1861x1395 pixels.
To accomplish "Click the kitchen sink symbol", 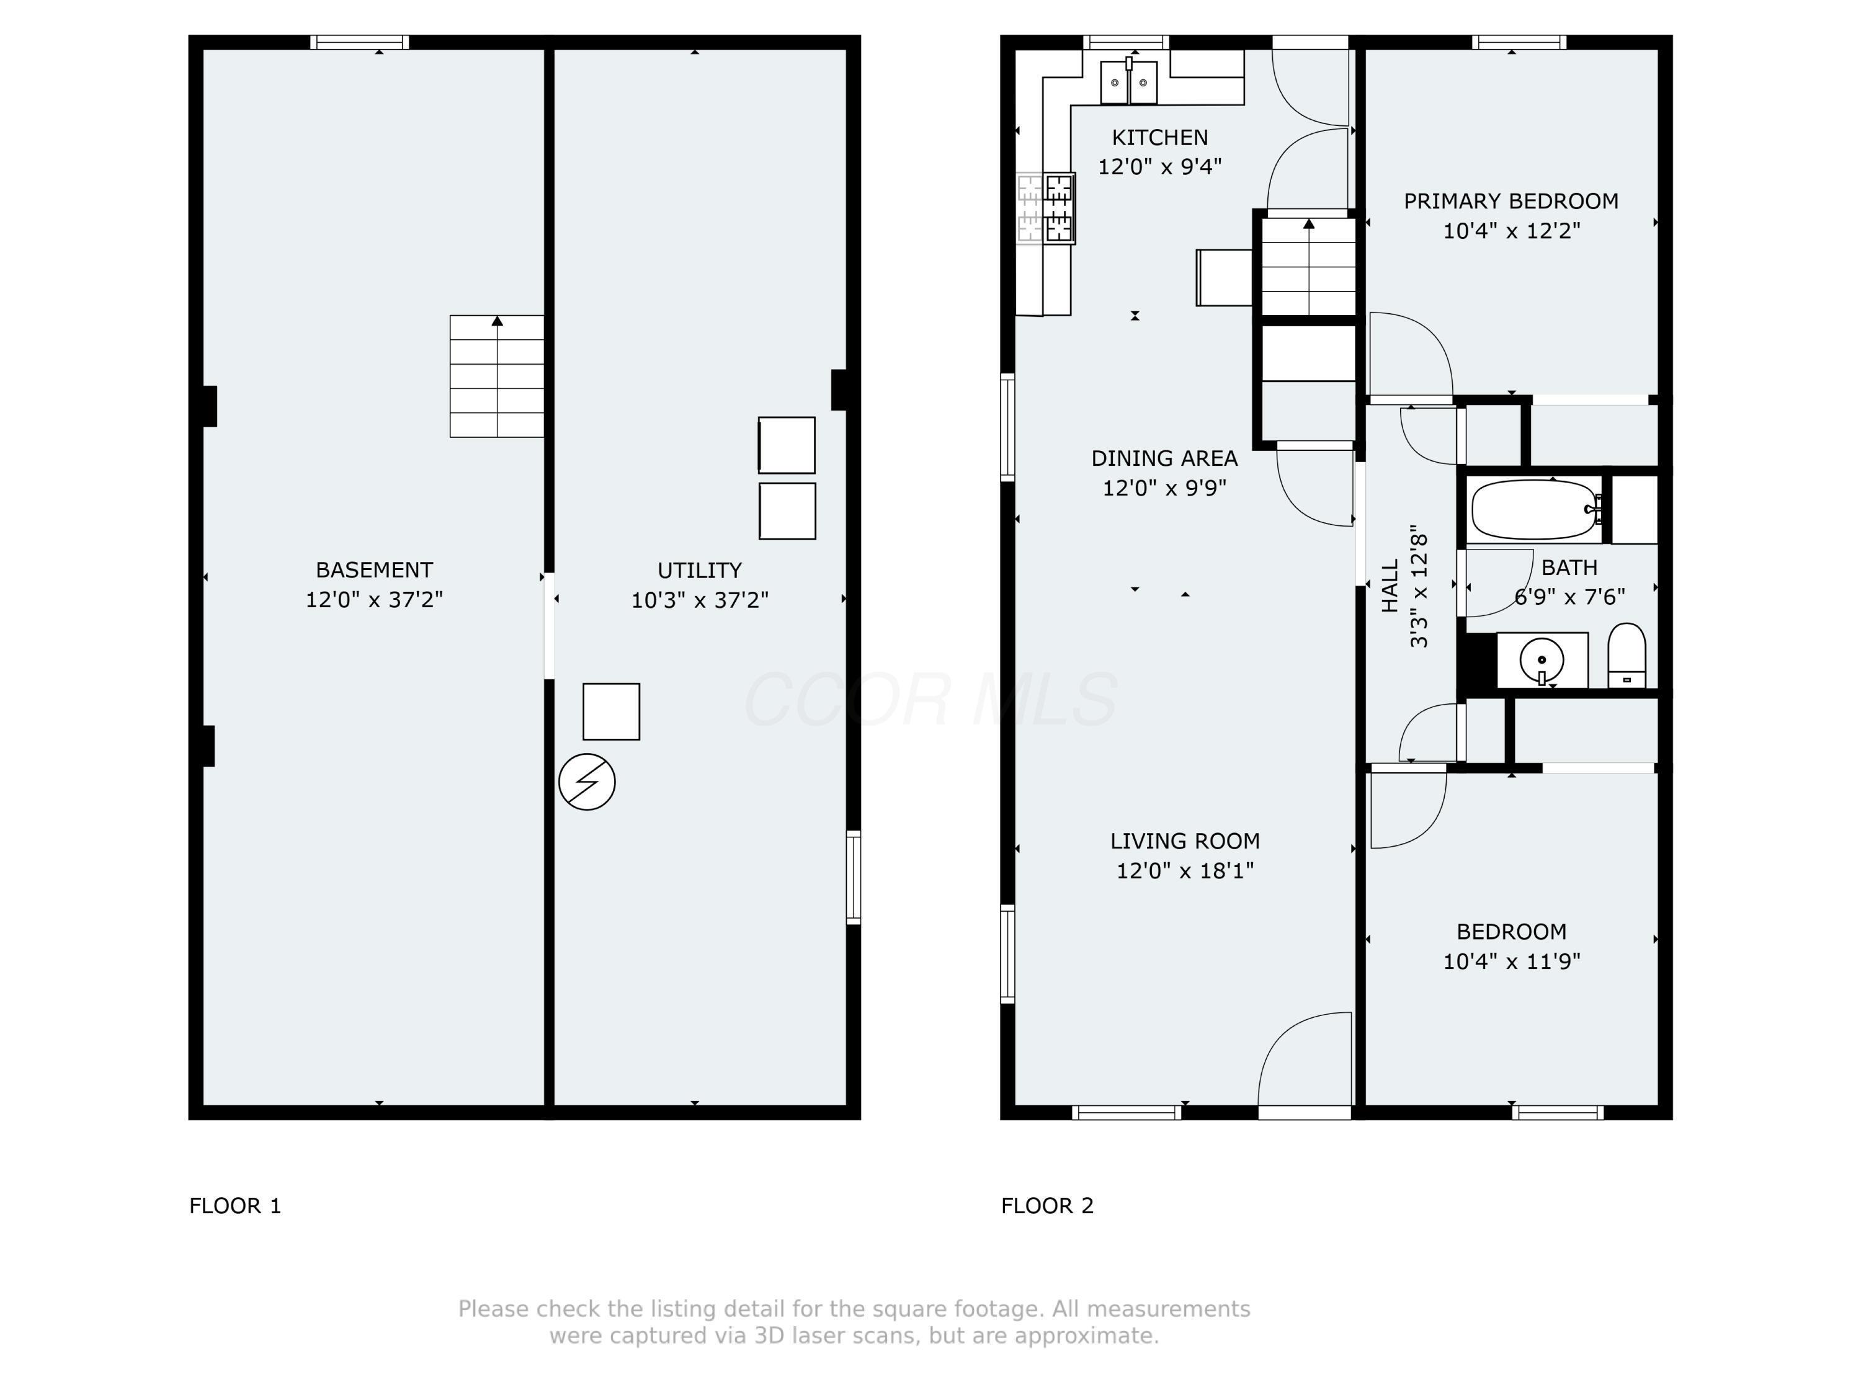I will coord(1129,82).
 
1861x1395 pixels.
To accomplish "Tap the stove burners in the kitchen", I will coord(1058,208).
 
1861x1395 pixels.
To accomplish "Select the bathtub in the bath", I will coord(1535,510).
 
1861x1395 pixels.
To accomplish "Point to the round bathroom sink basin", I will coord(1542,661).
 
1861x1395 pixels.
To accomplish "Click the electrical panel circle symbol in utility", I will coord(586,782).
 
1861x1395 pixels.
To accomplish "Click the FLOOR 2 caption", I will coord(1047,1206).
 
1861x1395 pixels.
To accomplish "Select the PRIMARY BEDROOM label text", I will coord(1511,201).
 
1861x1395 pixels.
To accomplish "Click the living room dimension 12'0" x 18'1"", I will coord(1185,870).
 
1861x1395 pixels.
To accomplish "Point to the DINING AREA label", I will coord(1164,458).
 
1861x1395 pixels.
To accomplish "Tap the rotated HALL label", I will coord(1390,586).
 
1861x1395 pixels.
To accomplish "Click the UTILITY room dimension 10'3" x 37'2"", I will coord(700,600).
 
